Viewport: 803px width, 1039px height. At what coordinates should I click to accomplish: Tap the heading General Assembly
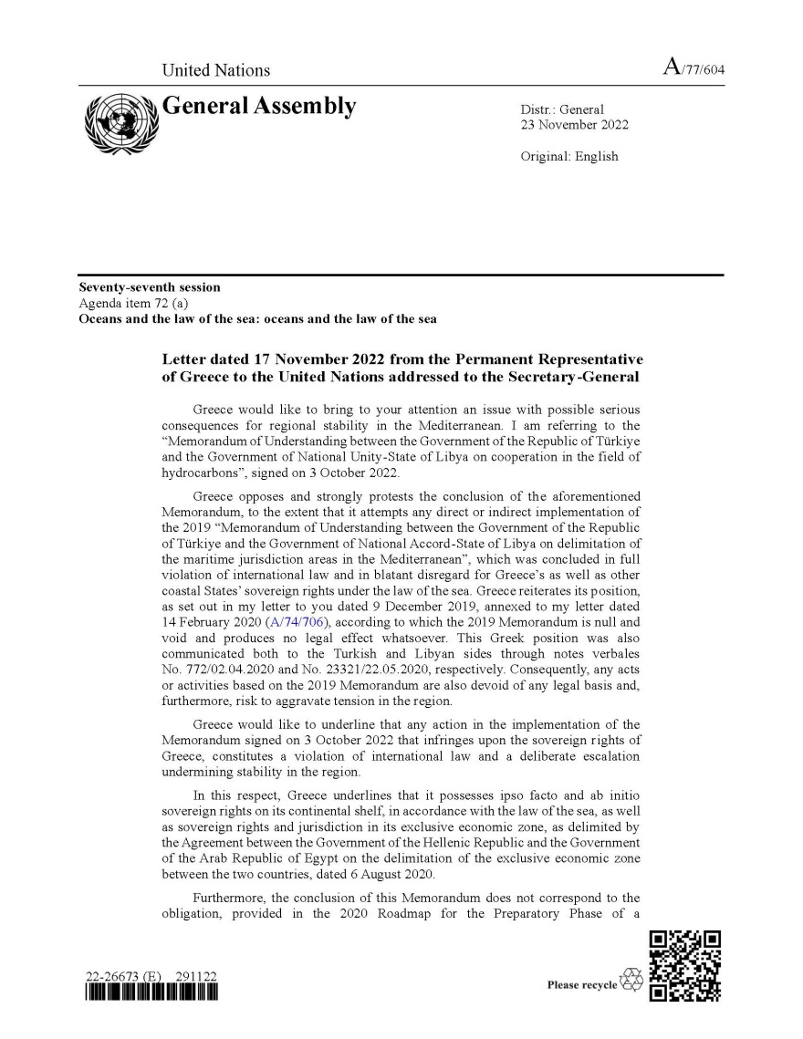click(x=258, y=107)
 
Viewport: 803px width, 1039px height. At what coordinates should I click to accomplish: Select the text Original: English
click(x=568, y=156)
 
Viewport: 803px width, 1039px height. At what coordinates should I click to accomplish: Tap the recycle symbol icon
click(x=631, y=982)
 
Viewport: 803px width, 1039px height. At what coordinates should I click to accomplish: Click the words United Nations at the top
click(x=215, y=70)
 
